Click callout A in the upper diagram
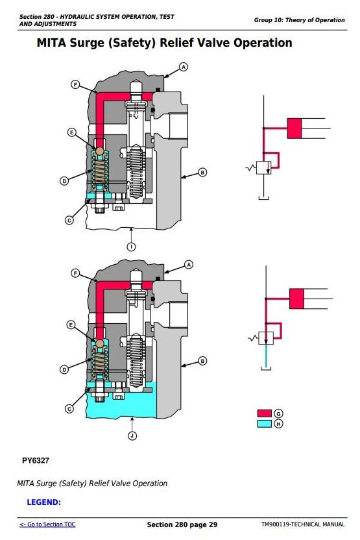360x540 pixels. pos(184,67)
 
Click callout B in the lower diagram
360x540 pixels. pos(203,361)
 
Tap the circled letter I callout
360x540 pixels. pos(131,247)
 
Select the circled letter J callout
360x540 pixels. pos(132,436)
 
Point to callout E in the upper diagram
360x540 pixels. pos(71,132)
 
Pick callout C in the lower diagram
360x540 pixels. pos(69,409)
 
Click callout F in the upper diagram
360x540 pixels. pos(75,84)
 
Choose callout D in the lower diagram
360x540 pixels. pos(64,370)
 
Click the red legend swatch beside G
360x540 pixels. pos(264,413)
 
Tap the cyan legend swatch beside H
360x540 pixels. pos(264,424)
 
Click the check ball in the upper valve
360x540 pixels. pos(100,151)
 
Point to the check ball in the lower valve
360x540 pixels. pos(100,344)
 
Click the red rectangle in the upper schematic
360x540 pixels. pos(294,129)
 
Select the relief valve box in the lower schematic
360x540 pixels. pos(266,338)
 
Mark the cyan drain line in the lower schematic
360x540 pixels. pos(266,356)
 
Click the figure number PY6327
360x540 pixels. pos(36,460)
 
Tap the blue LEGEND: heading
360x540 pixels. pos(43,502)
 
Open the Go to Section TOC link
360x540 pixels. pos(47,524)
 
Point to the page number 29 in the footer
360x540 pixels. pos(213,524)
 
